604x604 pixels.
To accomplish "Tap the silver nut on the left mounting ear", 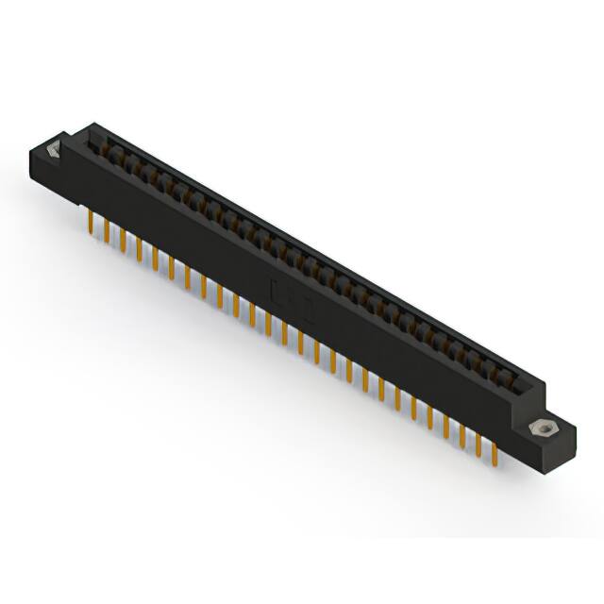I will [52, 149].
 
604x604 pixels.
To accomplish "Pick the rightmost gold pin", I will [494, 452].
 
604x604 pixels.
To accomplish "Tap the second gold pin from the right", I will [478, 443].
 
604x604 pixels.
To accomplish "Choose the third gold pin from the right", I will [461, 433].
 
